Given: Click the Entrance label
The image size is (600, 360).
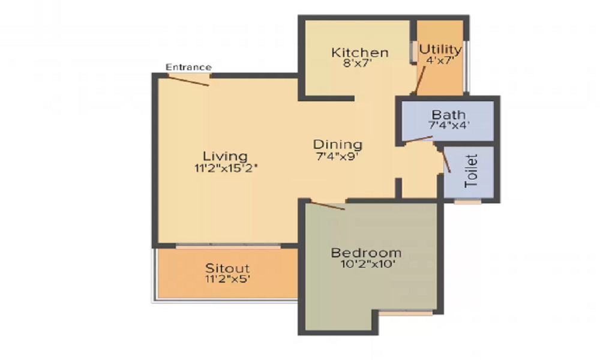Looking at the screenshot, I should tap(188, 67).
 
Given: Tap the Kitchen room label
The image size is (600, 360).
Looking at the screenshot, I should tap(359, 53).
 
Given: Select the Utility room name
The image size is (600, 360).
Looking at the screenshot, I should tap(440, 49).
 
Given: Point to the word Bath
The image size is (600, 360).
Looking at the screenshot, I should tap(449, 115).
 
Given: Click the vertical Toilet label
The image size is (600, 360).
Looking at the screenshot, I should tap(472, 171).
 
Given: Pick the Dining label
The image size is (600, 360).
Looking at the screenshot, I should tap(338, 145).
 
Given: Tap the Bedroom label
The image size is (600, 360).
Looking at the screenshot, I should tap(366, 253).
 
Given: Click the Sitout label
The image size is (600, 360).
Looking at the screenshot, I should tap(227, 268).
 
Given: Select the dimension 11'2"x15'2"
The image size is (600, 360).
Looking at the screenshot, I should tap(225, 169).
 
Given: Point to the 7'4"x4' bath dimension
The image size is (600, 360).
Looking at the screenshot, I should tap(449, 126).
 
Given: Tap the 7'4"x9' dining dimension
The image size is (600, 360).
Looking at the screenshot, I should tap(338, 156).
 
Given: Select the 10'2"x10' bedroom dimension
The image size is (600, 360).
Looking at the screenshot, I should tap(366, 264).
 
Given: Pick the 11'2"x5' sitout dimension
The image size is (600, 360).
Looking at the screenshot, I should tap(227, 280).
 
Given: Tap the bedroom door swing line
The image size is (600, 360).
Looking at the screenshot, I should tap(327, 206).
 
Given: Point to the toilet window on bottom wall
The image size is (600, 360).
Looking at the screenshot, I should tap(467, 202).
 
